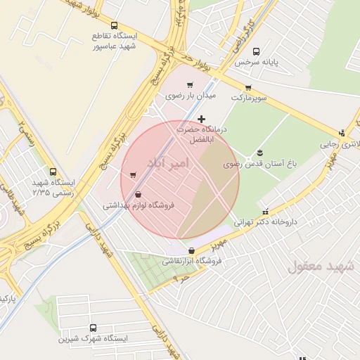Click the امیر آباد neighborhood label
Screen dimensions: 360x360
click(169, 163)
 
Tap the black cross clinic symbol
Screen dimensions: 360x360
click(202, 119)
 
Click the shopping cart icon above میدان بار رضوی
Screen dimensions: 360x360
click(189, 84)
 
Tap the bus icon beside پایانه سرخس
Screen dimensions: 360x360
click(255, 51)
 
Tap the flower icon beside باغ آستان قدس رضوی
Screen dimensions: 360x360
click(260, 153)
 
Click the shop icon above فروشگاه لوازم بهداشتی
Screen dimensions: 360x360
click(138, 195)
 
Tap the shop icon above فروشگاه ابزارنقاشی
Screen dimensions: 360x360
click(191, 250)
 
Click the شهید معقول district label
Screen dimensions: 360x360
click(314, 266)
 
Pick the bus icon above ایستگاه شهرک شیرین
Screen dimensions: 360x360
click(94, 328)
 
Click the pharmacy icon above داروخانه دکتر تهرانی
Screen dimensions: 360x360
click(265, 210)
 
